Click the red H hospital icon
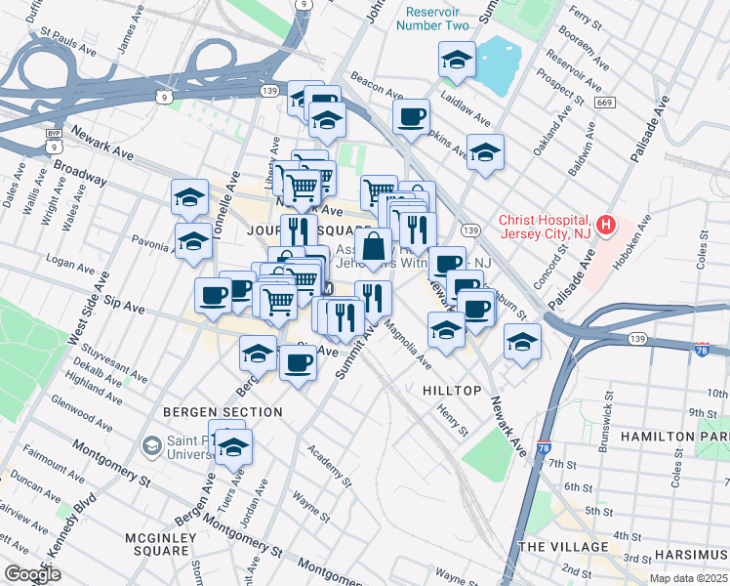(x=606, y=227)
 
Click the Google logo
(x=31, y=574)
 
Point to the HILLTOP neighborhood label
(x=452, y=391)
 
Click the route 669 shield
(x=605, y=103)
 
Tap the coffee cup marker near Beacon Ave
(x=411, y=117)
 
